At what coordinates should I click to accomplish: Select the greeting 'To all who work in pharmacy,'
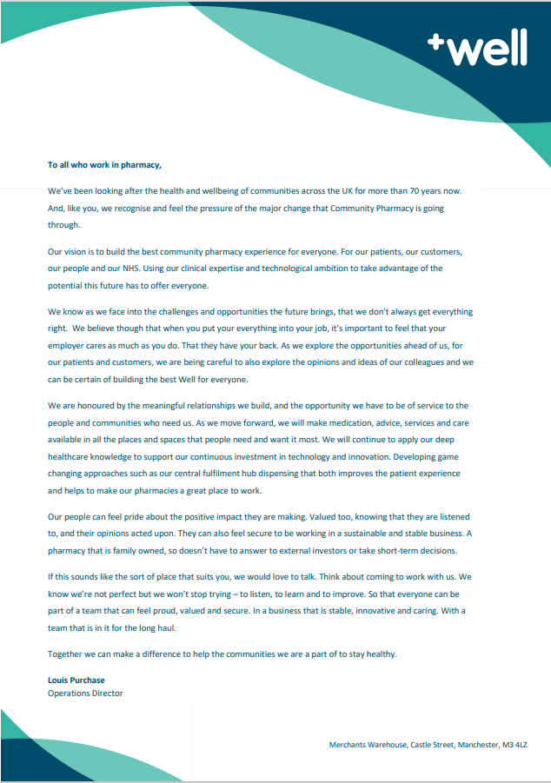pyautogui.click(x=104, y=163)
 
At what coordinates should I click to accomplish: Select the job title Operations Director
pyautogui.click(x=85, y=693)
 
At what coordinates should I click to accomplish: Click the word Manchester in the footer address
pyautogui.click(x=468, y=745)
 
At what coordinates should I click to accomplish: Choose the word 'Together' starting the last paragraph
pyautogui.click(x=66, y=653)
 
